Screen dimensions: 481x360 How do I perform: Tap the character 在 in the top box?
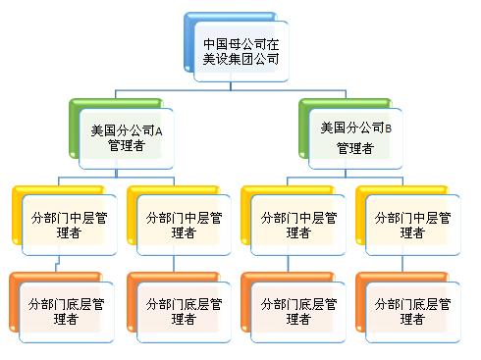click(x=273, y=44)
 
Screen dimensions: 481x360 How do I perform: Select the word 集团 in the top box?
click(x=241, y=59)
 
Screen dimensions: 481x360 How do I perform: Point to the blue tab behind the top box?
click(x=189, y=42)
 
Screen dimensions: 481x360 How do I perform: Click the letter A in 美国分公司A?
click(x=158, y=131)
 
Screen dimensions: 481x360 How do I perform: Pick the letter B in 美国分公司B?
click(x=388, y=129)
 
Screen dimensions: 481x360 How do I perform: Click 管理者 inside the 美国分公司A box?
click(x=127, y=145)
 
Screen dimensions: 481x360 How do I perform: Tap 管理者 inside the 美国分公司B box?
click(x=355, y=148)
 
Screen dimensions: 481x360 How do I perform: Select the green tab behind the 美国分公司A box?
click(x=75, y=129)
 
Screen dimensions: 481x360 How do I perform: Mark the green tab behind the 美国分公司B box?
click(x=304, y=129)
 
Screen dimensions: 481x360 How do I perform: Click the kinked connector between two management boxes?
click(x=58, y=263)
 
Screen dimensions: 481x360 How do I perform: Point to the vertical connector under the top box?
click(x=231, y=85)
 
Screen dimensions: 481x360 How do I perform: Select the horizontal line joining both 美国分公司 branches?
click(x=231, y=90)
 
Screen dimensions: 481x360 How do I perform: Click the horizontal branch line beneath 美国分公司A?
click(x=116, y=178)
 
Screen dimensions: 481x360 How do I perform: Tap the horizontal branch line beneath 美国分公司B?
click(x=346, y=178)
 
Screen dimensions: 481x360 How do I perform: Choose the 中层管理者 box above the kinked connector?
click(x=70, y=225)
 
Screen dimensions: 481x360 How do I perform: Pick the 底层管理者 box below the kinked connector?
click(x=67, y=312)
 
